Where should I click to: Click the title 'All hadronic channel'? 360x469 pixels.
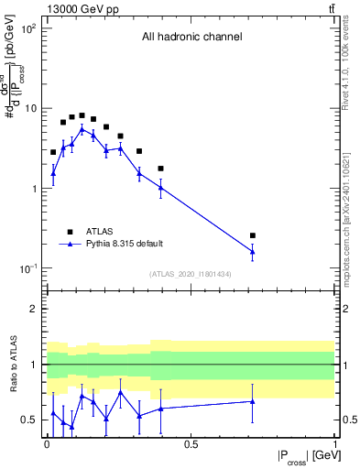[x=191, y=38]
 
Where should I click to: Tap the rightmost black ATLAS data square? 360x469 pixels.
[x=253, y=235]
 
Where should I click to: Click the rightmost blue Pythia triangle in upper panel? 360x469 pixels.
[x=253, y=252]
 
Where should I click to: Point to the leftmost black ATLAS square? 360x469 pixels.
[x=53, y=152]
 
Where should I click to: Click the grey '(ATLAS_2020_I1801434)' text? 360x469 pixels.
[x=191, y=275]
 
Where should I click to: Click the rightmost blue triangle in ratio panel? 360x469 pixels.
[x=253, y=401]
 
